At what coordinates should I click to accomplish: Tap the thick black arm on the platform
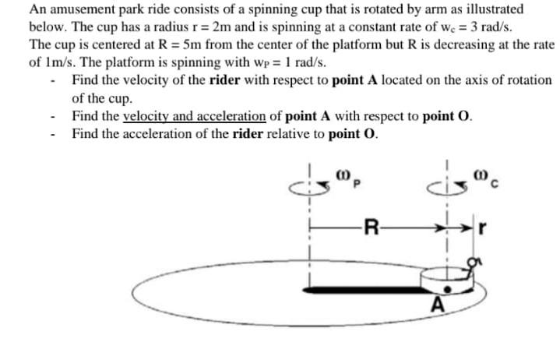click(x=358, y=289)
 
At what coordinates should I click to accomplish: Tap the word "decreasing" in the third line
click(x=434, y=44)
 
